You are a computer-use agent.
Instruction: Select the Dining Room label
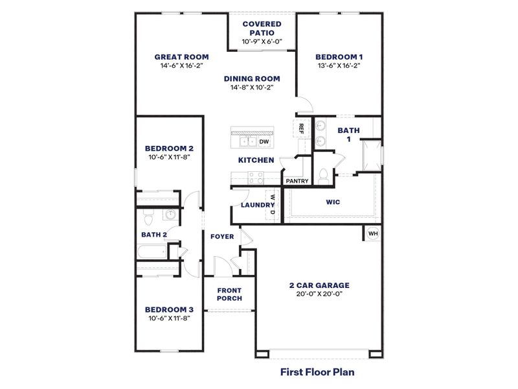coord(252,78)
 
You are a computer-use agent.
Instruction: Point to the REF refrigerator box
coord(301,128)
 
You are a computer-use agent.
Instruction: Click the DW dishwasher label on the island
coord(264,141)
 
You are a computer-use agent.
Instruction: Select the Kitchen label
coord(256,160)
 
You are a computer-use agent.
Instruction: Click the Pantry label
coord(296,181)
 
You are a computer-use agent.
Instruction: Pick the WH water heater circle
coord(373,233)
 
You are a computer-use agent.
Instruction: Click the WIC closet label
coord(333,202)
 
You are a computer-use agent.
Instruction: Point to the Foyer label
coord(222,237)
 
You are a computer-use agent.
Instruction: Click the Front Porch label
coord(229,294)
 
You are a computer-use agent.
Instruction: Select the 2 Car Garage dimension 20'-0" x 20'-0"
coord(319,294)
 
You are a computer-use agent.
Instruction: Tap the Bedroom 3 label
coord(168,309)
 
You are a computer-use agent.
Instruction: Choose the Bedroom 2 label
coord(168,148)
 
